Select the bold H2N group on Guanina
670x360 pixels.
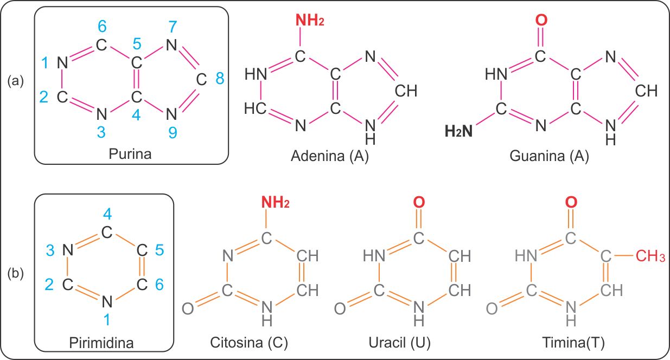click(458, 131)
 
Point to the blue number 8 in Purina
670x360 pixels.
click(220, 80)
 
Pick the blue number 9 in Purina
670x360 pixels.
click(173, 132)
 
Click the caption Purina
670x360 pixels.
click(131, 154)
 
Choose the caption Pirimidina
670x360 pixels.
click(102, 343)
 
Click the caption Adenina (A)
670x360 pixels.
click(330, 157)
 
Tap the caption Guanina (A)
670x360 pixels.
click(549, 157)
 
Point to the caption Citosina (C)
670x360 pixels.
click(249, 343)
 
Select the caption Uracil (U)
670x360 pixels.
click(399, 343)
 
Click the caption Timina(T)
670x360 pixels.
click(573, 343)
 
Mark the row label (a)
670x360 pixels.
click(16, 81)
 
